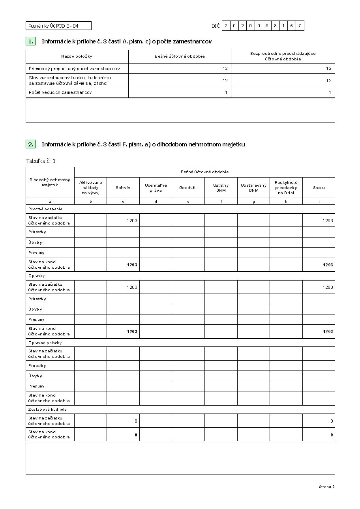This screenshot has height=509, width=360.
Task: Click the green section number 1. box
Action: point(30,41)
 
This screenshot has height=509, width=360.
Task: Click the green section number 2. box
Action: point(30,144)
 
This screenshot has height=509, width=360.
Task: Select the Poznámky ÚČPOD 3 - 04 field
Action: point(58,26)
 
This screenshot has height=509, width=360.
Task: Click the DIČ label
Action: point(215,26)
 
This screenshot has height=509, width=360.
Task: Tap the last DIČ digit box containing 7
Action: point(300,26)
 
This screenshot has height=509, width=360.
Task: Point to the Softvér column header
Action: point(123,188)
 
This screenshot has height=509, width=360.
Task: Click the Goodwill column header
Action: point(188,188)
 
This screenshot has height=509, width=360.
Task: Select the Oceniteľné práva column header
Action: point(156,188)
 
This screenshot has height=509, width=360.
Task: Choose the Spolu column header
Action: point(319,188)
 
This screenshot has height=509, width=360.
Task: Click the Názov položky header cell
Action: point(77,56)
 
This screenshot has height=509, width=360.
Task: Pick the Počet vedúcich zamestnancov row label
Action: point(60,92)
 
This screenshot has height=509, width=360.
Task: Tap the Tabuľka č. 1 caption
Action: point(41,161)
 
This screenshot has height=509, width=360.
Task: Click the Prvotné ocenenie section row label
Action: point(45,209)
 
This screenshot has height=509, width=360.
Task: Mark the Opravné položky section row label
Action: point(45,342)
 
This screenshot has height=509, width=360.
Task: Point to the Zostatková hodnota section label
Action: point(47,409)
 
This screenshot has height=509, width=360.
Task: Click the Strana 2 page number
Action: point(326,487)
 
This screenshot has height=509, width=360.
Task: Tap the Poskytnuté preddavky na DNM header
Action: point(286,188)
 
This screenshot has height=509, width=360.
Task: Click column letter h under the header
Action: point(286,202)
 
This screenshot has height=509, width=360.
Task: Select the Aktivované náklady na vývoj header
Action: point(90,188)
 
